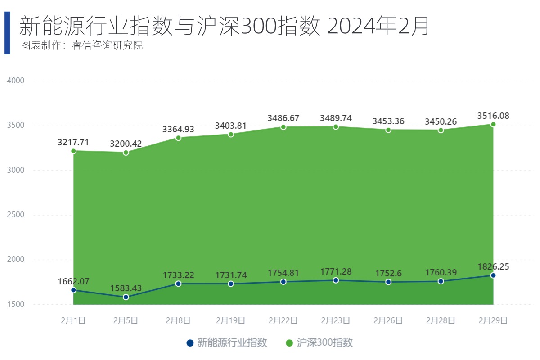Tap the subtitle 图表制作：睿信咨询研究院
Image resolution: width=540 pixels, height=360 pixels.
[x=82, y=46]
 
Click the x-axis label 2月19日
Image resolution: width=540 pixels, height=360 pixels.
[x=231, y=320]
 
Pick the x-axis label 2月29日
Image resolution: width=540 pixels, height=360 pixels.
[x=493, y=320]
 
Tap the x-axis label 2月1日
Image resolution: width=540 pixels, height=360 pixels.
[x=73, y=320]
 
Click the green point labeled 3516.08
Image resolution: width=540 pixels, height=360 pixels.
[x=493, y=124]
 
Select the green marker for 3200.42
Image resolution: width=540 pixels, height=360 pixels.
[x=126, y=153]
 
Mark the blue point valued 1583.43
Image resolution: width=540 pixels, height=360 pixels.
[x=126, y=297]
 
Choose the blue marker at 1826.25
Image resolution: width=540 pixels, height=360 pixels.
[x=493, y=275]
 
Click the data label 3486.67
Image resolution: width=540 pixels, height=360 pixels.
[x=283, y=118]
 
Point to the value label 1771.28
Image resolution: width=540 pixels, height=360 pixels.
[x=336, y=271]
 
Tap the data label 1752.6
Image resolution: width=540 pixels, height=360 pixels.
[x=388, y=273]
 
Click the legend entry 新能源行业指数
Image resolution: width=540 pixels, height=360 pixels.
[x=227, y=343]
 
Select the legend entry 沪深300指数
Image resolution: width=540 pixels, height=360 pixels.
[x=320, y=343]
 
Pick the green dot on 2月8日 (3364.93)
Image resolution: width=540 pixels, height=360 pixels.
[x=178, y=138]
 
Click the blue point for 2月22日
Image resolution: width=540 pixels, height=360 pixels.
[x=283, y=282]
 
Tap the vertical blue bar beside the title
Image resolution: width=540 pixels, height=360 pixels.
[x=7, y=33]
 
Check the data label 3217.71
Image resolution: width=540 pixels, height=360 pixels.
[x=73, y=143]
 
